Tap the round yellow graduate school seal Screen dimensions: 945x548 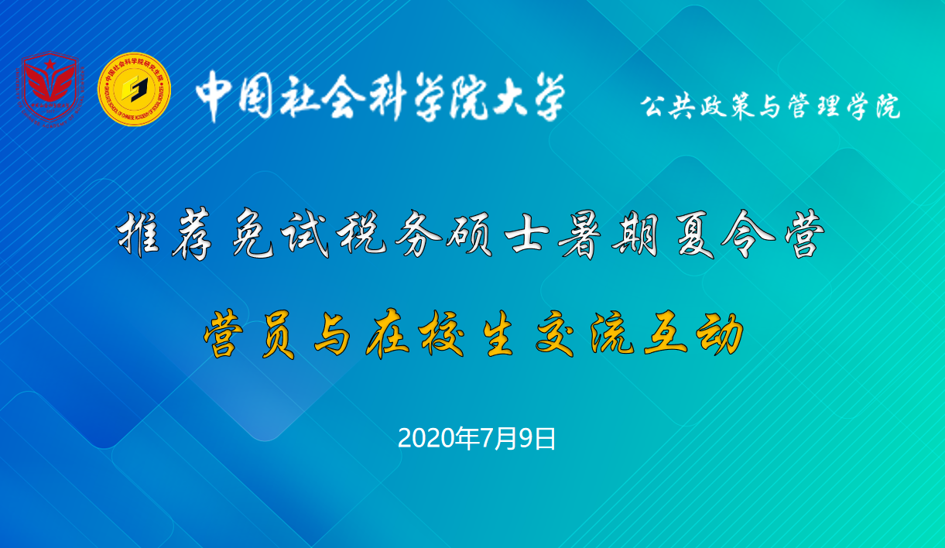pos(134,89)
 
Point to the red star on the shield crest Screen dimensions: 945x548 pos(50,64)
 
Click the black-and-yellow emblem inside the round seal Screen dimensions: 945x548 pos(134,89)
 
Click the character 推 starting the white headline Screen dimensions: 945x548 pos(138,233)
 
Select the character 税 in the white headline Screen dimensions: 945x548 pos(361,233)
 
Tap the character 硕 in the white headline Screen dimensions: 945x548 pos(470,234)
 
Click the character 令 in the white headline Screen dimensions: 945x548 pos(748,233)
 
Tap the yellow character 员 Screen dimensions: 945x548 pos(278,334)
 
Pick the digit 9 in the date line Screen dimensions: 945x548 pos(526,438)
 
